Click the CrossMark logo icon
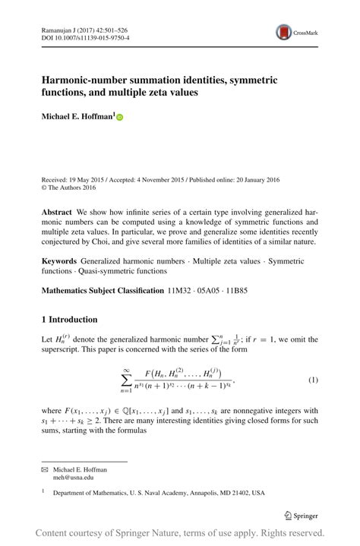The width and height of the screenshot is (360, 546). click(x=283, y=32)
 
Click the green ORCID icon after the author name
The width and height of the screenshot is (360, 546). click(x=119, y=118)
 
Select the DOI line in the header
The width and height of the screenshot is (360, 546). click(x=84, y=36)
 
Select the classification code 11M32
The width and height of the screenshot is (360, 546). click(x=181, y=290)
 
